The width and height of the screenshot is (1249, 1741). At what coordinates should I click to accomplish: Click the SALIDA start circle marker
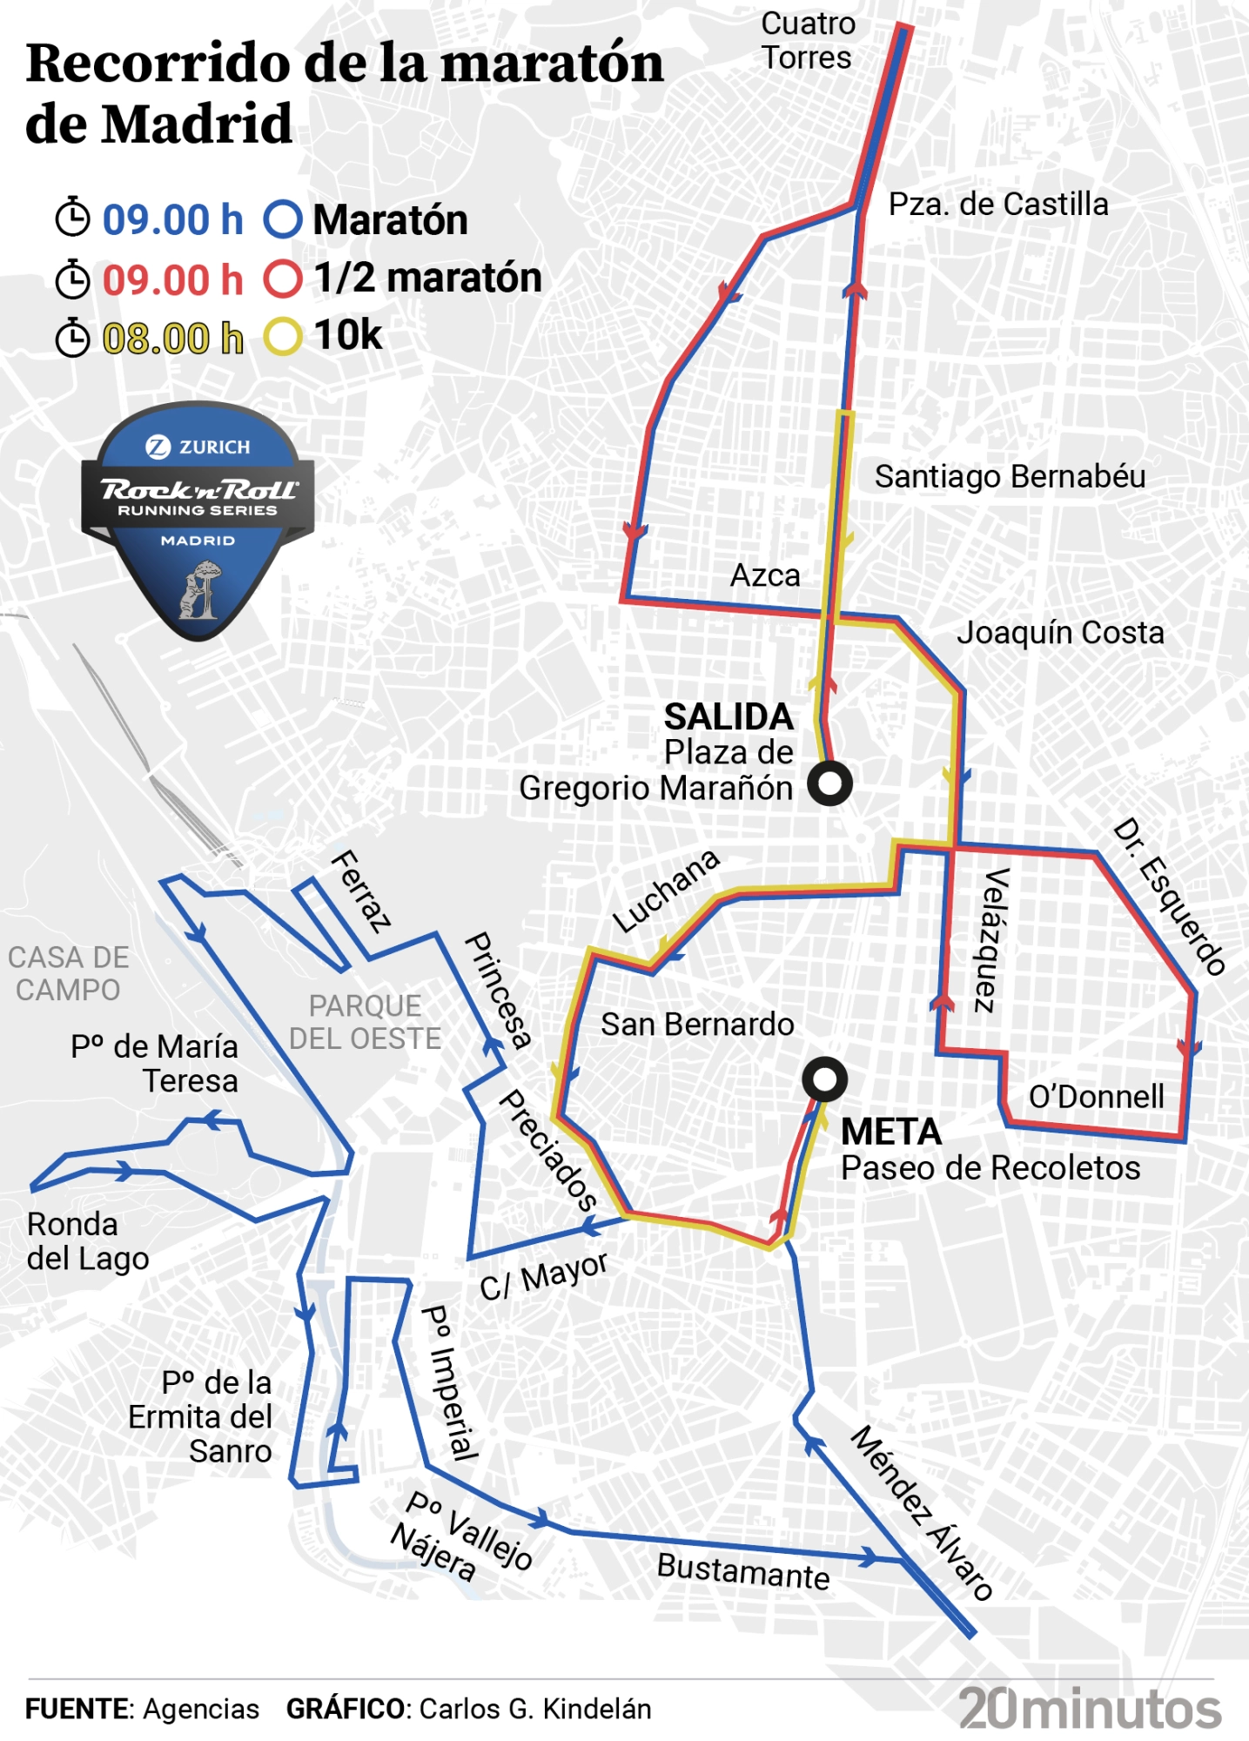[x=829, y=783]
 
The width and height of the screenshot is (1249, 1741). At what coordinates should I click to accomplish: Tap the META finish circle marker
[x=824, y=1079]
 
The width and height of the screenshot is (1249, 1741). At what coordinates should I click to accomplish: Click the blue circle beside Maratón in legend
[x=283, y=219]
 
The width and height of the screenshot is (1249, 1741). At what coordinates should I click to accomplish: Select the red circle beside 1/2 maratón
[x=283, y=279]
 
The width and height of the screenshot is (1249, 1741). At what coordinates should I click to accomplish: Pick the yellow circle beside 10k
[x=283, y=336]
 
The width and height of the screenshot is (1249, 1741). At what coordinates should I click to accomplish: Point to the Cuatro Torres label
[x=807, y=41]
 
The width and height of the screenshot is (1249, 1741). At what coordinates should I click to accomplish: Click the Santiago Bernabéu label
[x=1010, y=477]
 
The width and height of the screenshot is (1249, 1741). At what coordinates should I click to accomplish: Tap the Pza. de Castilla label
[x=997, y=205]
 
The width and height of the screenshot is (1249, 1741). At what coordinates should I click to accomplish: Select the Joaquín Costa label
[x=1059, y=633]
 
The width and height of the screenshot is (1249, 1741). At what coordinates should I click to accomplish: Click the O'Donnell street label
[x=1096, y=1097]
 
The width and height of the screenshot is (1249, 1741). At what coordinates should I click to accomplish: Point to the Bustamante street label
[x=742, y=1571]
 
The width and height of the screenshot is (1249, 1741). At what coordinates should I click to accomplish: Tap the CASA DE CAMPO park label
[x=68, y=974]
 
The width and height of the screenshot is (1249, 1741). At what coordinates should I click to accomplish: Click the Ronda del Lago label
[x=87, y=1241]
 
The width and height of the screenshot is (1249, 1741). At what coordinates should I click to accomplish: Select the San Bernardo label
[x=696, y=1025]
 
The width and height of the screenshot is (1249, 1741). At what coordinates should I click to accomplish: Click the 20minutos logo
[x=1090, y=1709]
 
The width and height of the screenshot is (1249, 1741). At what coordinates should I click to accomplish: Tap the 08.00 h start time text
[x=172, y=338]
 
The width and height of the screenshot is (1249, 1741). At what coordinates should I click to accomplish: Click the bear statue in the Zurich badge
[x=199, y=590]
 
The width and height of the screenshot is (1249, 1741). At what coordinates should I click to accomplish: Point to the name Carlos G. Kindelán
[x=534, y=1709]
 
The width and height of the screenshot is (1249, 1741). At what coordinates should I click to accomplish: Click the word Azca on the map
[x=765, y=575]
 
